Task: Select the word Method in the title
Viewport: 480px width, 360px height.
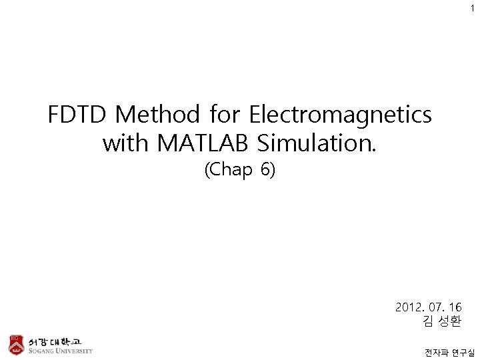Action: click(x=158, y=115)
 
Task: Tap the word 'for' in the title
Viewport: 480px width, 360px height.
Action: click(x=225, y=115)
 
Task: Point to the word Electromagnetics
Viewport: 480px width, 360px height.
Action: click(x=340, y=115)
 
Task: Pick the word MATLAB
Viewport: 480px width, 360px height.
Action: click(x=201, y=143)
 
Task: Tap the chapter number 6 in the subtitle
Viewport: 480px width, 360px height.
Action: click(x=267, y=171)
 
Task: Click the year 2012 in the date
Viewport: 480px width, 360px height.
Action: click(x=409, y=307)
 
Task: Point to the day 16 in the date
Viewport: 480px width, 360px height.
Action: click(x=455, y=307)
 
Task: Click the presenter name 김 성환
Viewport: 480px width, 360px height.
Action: click(x=441, y=322)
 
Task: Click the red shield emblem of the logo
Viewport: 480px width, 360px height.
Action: click(x=15, y=344)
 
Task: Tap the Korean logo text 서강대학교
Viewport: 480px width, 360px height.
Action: click(x=55, y=340)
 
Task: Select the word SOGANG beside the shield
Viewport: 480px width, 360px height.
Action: click(x=41, y=351)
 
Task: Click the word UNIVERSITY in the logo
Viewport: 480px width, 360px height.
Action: click(x=75, y=351)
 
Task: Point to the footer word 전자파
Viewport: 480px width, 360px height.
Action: click(x=435, y=352)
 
